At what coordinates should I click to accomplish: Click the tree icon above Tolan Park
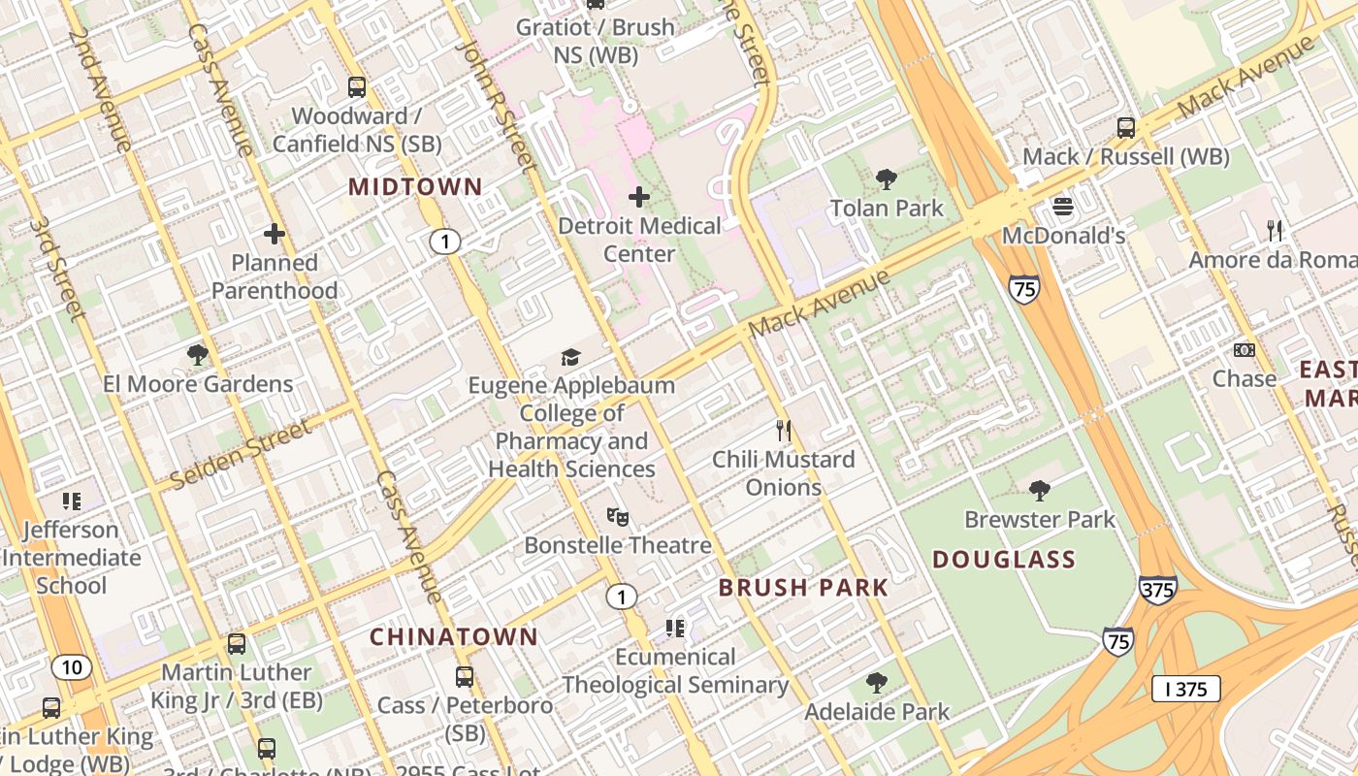tap(886, 178)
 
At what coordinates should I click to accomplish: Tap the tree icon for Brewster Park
tap(1040, 490)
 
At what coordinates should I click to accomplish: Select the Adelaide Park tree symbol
tap(877, 683)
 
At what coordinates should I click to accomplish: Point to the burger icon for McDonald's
tap(1063, 207)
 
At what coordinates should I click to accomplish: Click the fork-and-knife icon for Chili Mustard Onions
tap(784, 429)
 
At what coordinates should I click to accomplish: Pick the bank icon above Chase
tap(1245, 349)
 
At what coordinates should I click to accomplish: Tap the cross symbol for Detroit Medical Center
tap(639, 198)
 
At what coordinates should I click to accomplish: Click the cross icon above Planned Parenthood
tap(275, 234)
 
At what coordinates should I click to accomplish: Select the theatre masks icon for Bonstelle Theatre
tap(618, 516)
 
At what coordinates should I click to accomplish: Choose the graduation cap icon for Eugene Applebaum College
tap(570, 357)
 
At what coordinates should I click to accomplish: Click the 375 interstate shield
tap(1158, 589)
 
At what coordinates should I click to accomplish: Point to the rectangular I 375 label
tap(1185, 689)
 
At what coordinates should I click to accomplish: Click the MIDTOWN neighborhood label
tap(415, 186)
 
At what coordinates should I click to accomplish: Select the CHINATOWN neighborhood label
tap(454, 636)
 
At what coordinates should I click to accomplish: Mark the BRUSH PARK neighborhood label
tap(803, 587)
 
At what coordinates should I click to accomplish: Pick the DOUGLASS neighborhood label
tap(1004, 559)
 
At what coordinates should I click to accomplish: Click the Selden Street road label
tap(241, 453)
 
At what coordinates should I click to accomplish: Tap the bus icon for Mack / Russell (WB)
tap(1126, 127)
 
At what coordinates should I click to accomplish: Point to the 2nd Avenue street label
tap(100, 89)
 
